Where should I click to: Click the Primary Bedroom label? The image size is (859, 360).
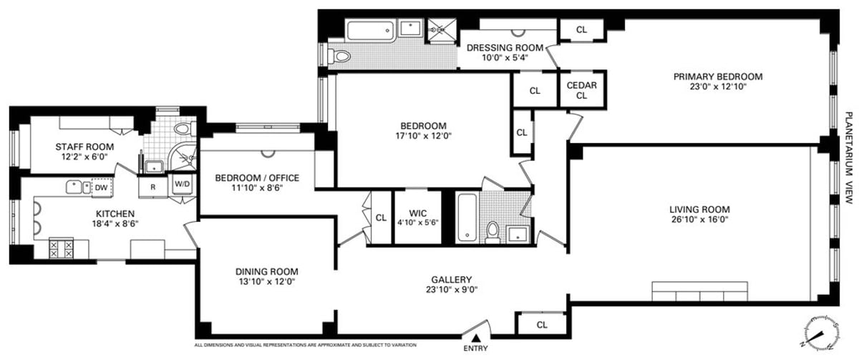point(718,77)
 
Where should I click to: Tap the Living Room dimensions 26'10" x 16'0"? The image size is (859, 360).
point(699,220)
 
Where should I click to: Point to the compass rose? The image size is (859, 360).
point(820,334)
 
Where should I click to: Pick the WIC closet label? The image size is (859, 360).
point(418,213)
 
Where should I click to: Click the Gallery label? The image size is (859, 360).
point(450,280)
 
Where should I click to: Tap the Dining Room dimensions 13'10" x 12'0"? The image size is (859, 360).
point(266,282)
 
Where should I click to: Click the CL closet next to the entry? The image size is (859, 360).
point(542,324)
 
